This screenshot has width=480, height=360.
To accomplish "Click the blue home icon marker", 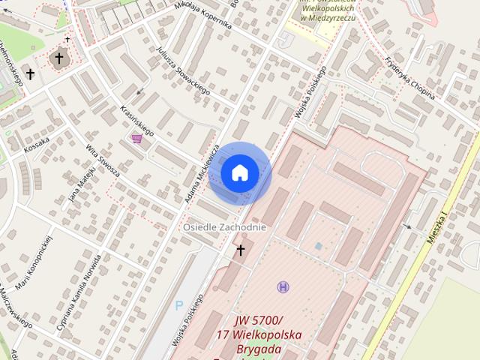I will click(239, 173).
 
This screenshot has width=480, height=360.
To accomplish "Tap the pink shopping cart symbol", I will click(136, 137).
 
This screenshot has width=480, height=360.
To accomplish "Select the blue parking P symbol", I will click(178, 305).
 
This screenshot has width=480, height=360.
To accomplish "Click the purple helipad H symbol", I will click(283, 286).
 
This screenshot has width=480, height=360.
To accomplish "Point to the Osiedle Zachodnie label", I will click(225, 227).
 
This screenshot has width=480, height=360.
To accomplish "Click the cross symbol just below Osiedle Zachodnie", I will click(241, 250).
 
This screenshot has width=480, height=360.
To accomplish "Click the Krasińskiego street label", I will click(137, 121).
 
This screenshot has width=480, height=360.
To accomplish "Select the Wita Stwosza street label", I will click(103, 160).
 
